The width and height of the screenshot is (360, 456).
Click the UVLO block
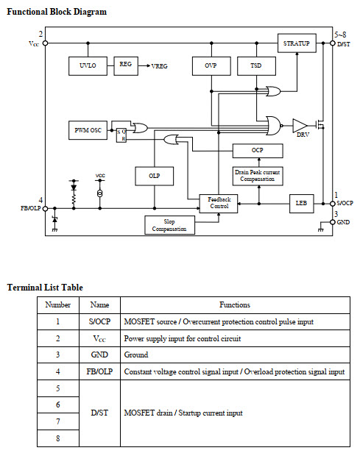click(x=88, y=66)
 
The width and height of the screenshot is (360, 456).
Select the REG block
click(x=126, y=66)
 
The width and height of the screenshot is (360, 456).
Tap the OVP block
click(x=211, y=66)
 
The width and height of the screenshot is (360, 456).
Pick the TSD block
click(x=256, y=66)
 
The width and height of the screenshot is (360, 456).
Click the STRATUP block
click(x=297, y=43)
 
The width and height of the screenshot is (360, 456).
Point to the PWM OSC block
click(x=88, y=130)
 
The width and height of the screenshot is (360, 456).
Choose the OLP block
click(x=155, y=176)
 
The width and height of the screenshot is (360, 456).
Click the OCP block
click(x=258, y=151)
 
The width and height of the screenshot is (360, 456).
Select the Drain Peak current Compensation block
click(x=258, y=176)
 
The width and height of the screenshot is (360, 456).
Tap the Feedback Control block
click(x=219, y=203)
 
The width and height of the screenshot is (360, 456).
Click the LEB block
click(x=302, y=203)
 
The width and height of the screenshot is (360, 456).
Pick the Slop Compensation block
click(x=169, y=225)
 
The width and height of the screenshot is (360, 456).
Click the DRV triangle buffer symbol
click(x=300, y=126)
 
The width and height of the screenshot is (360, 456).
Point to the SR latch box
click(x=121, y=135)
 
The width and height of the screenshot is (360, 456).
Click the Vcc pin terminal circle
click(x=45, y=43)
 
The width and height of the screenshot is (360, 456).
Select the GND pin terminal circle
click(x=332, y=222)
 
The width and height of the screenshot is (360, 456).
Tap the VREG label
click(x=160, y=66)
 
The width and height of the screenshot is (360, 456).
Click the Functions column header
click(x=235, y=304)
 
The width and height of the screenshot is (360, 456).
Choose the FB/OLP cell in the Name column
click(x=99, y=371)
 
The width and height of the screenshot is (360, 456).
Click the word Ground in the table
click(x=136, y=355)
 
